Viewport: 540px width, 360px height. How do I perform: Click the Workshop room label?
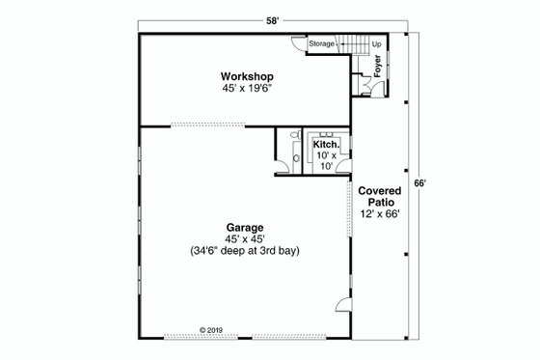[x=248, y=75]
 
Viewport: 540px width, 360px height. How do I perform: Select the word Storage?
[x=322, y=44]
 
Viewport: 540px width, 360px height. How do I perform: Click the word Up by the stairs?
[x=376, y=44]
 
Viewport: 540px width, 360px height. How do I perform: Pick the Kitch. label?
[x=325, y=144]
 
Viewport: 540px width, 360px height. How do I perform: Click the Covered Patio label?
[x=379, y=197]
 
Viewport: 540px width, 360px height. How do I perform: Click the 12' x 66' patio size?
[x=379, y=214]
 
